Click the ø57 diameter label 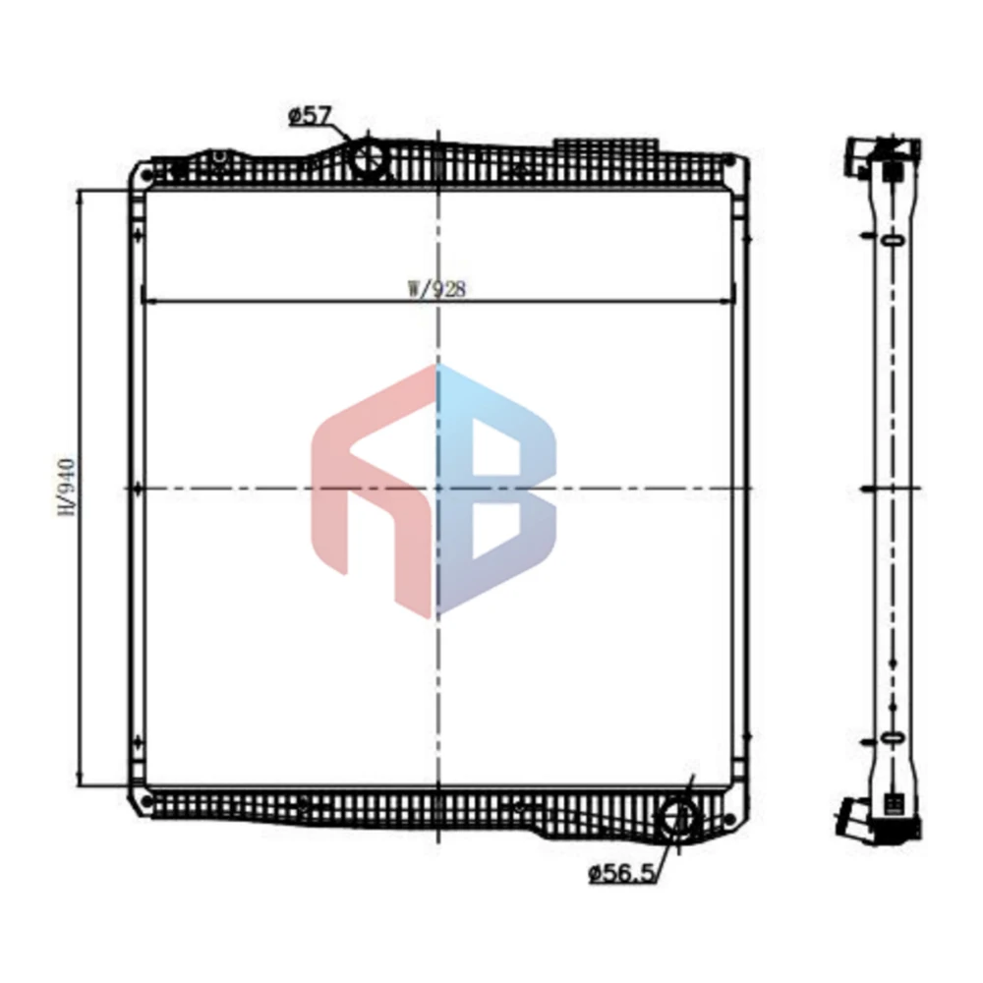pos(308,117)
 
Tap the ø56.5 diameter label pos(621,871)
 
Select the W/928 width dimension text pos(436,289)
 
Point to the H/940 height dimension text pos(67,486)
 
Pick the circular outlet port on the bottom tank pos(678,816)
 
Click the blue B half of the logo pos(496,487)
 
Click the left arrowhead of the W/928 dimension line pos(147,299)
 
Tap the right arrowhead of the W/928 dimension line pos(728,299)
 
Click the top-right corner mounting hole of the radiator pos(728,160)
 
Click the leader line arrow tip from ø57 pos(351,141)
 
